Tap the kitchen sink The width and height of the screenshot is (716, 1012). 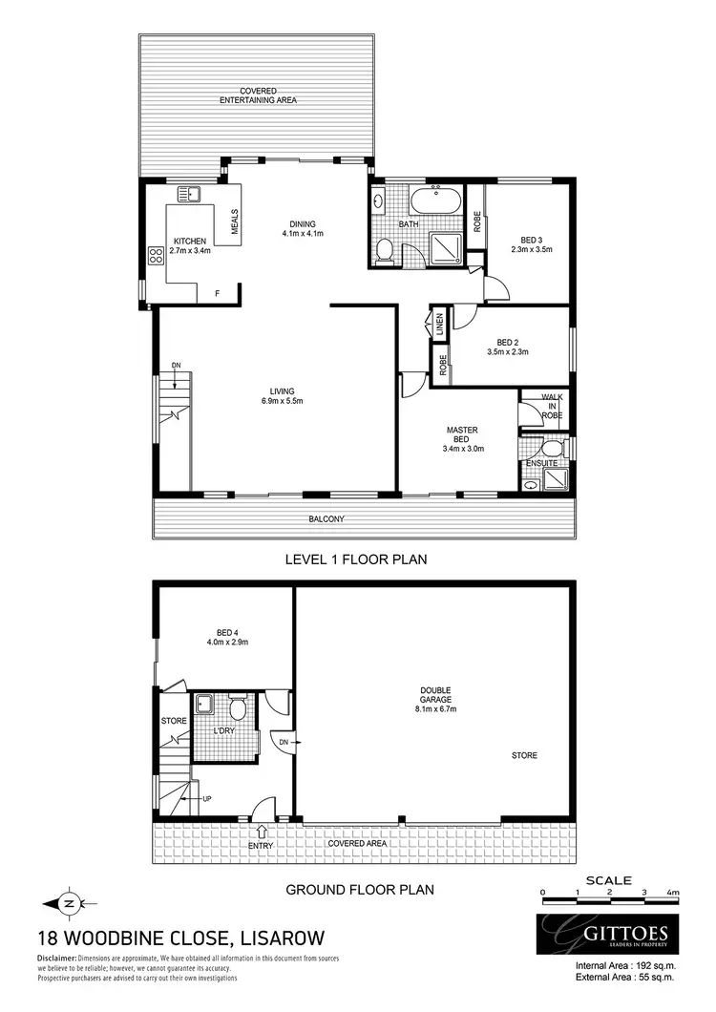(x=193, y=193)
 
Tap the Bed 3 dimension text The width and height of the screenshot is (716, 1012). (x=531, y=249)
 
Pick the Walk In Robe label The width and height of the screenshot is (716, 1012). (x=553, y=406)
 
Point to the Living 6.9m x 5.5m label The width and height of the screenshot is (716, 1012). (x=282, y=396)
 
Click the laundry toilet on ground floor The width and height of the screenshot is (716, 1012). (x=238, y=709)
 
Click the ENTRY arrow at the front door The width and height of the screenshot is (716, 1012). (x=263, y=831)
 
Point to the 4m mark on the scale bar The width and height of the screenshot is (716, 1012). (x=673, y=893)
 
